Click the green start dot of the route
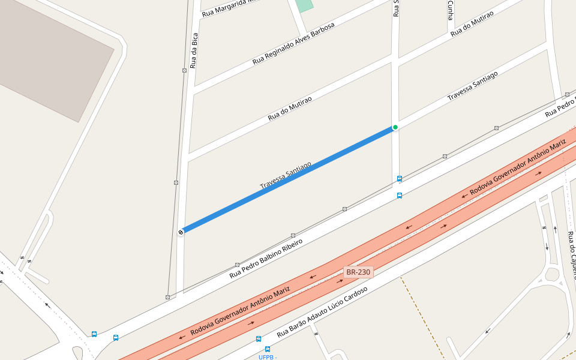pos(395,127)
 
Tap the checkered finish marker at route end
pos(181,232)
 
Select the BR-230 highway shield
pos(359,272)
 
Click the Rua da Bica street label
pos(193,50)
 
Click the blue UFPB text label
pos(267,357)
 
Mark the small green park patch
pos(304,5)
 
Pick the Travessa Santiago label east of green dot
pos(473,86)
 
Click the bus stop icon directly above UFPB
pos(267,349)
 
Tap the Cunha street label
pos(450,10)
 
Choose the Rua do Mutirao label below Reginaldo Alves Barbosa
pos(292,105)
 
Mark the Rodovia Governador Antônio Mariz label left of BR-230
pos(240,311)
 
